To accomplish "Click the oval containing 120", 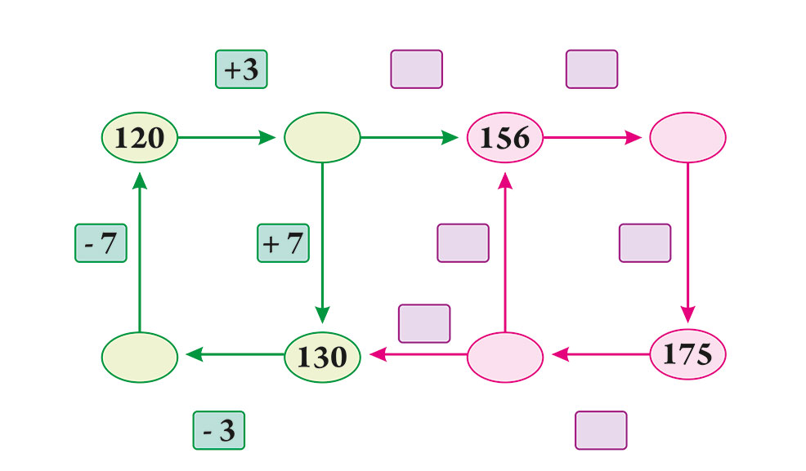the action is (x=140, y=137).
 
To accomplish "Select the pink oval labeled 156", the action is (x=505, y=137).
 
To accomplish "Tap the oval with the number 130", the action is (x=322, y=357).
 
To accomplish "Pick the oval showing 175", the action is (x=687, y=354).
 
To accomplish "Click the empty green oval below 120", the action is (x=140, y=357).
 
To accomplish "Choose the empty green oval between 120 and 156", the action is (x=322, y=137).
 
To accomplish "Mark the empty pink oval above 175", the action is (x=687, y=137).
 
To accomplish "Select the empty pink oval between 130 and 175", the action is (x=505, y=357).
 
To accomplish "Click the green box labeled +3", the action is (x=241, y=69).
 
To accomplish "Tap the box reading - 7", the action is (x=101, y=243).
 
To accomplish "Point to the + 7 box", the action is (x=283, y=243).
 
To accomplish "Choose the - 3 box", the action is (x=219, y=430).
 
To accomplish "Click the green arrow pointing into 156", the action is (x=410, y=137).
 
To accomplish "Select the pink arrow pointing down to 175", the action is (x=687, y=242).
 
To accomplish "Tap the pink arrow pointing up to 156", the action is (x=505, y=252).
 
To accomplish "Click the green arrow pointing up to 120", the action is (x=140, y=252).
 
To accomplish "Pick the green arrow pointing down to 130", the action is (x=322, y=242).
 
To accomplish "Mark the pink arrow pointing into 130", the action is (x=419, y=354).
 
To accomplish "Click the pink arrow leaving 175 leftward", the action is (x=601, y=354).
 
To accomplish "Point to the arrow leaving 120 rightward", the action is (x=226, y=137).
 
